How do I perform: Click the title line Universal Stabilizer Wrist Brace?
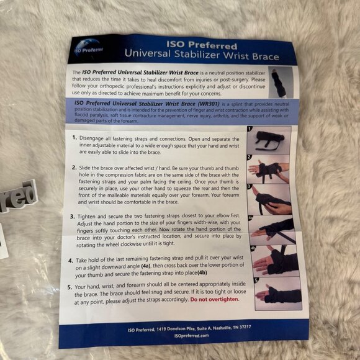pyautogui.click(x=201, y=56)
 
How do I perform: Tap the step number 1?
pyautogui.click(x=74, y=137)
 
